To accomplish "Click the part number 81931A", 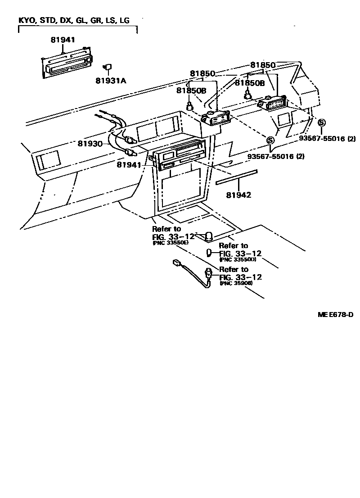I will coord(111,81).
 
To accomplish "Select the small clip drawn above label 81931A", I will coord(108,67).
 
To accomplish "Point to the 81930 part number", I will coord(90,144).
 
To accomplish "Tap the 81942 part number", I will coord(238,195).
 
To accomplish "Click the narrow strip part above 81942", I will coord(236,177).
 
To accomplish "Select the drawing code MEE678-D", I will coord(335,314).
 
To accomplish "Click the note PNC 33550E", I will coord(171,243).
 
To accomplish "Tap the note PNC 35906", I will coord(236,283).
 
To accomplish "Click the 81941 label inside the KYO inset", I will coord(63,40).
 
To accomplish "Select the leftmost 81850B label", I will coord(191,91).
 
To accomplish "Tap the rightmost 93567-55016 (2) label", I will coord(327,139).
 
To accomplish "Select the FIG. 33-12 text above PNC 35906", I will coord(240,277).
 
